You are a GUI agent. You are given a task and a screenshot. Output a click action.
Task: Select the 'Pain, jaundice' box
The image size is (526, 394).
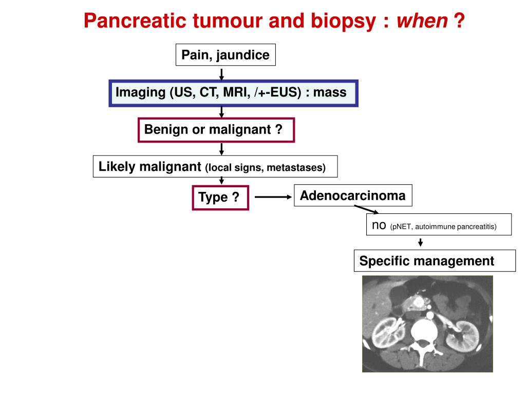226,55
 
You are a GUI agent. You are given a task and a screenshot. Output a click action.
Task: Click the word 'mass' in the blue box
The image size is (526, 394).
330,93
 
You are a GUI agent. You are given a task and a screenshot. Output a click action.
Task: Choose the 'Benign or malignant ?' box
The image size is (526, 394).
216,130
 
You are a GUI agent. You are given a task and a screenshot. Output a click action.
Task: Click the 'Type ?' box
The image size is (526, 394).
220,198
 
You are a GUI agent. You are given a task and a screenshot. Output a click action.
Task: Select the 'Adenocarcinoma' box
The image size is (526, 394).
352,195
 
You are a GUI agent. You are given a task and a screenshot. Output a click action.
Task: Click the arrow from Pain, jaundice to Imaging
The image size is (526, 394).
221,73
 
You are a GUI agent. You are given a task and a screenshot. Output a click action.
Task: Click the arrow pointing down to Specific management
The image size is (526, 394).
420,242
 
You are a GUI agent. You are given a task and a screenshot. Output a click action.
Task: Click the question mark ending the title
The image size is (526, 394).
459,21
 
